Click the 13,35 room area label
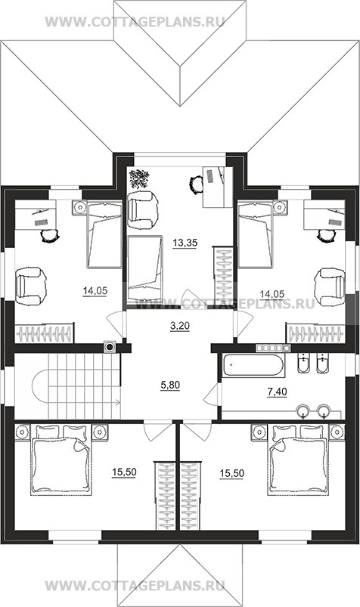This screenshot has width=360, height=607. (185, 243)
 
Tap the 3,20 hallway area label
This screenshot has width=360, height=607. (180, 326)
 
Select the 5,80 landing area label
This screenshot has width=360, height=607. (170, 385)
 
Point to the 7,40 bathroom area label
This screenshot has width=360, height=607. (277, 392)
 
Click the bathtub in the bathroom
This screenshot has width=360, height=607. (254, 365)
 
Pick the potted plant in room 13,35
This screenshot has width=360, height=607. (139, 178)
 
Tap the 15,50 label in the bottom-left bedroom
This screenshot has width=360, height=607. (124, 472)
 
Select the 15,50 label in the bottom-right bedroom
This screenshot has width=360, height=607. (231, 473)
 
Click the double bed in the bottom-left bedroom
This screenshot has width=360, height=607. (61, 460)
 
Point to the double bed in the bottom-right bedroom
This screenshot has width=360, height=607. (298, 460)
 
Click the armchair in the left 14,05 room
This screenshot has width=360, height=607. (30, 286)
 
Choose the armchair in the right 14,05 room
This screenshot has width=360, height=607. (330, 286)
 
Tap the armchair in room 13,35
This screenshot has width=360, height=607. (143, 211)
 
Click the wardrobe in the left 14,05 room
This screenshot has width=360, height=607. (44, 333)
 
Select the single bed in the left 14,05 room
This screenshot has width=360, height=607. (104, 234)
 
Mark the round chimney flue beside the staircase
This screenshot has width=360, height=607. (110, 347)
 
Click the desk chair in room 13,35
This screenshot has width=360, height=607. (197, 184)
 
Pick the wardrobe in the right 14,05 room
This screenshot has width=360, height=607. (316, 333)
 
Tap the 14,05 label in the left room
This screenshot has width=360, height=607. (95, 290)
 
